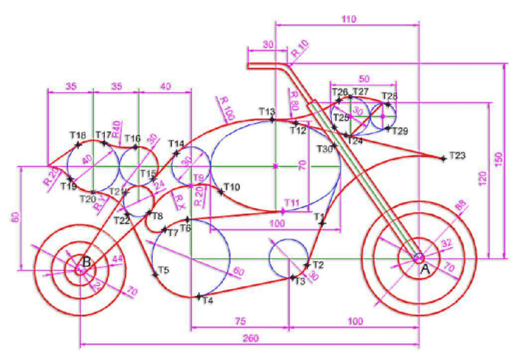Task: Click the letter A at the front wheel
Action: click(x=425, y=270)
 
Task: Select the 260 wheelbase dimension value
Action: click(x=251, y=338)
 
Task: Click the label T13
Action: click(x=266, y=111)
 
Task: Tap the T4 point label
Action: click(x=207, y=300)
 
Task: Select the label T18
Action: click(x=78, y=135)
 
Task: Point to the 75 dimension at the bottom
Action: click(x=239, y=321)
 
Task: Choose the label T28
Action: click(x=390, y=96)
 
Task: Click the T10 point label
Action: click(x=232, y=188)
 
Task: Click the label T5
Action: click(x=163, y=270)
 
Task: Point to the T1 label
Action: click(x=319, y=215)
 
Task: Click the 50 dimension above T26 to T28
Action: click(x=364, y=79)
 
